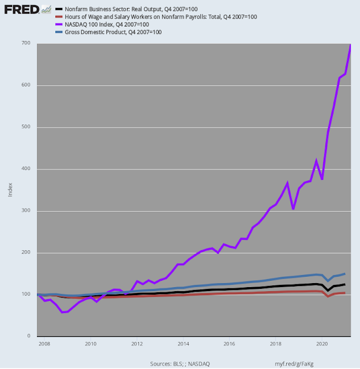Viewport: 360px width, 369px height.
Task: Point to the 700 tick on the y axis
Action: [27, 44]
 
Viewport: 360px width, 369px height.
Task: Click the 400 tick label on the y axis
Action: [27, 169]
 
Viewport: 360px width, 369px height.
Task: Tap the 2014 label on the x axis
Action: [183, 344]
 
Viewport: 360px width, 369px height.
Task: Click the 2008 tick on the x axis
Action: [44, 344]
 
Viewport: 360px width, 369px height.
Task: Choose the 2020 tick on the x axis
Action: [322, 344]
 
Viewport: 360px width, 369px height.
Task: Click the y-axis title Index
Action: [10, 190]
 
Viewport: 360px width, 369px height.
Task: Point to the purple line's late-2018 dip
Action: [293, 209]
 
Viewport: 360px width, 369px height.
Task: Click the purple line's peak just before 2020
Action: [316, 161]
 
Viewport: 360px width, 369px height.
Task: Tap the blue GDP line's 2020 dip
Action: [328, 281]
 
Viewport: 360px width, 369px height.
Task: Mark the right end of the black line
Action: [345, 284]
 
